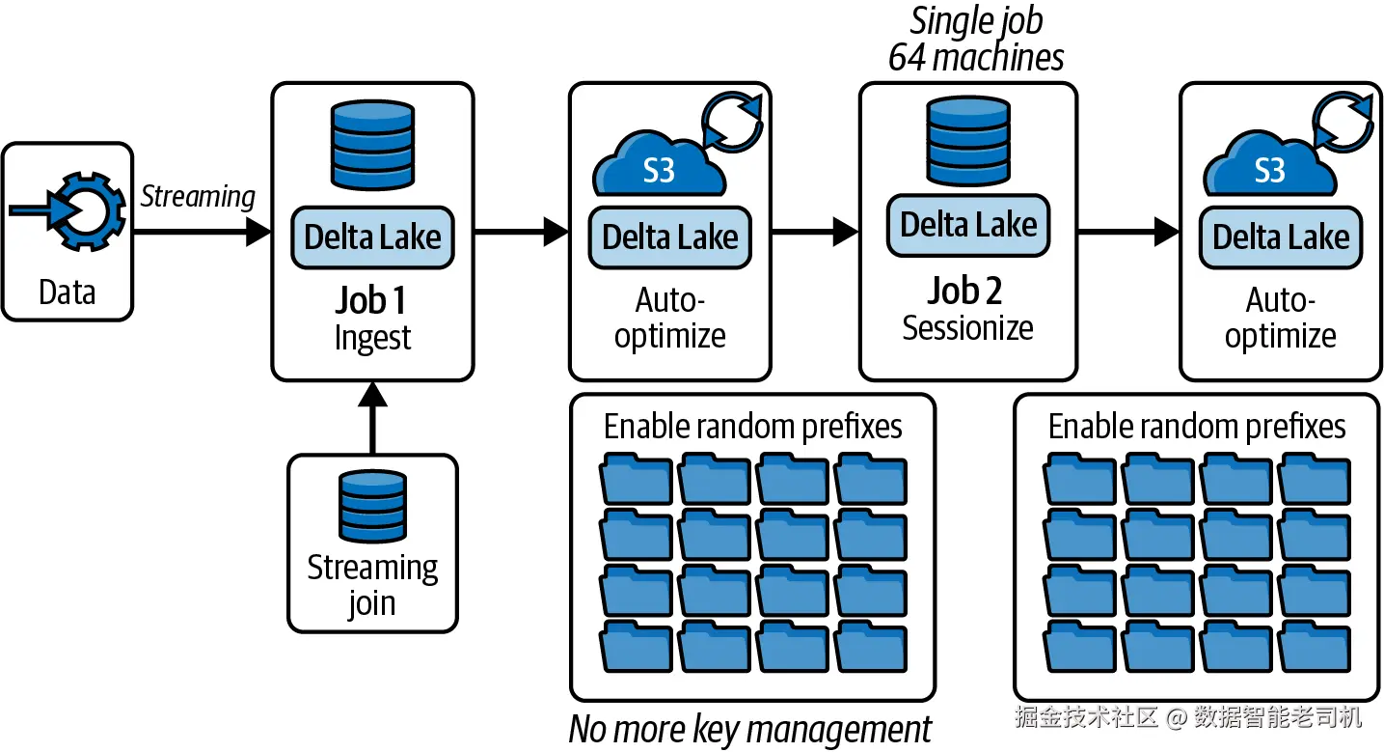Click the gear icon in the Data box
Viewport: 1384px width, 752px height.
click(87, 211)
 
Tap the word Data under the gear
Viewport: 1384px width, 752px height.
click(67, 292)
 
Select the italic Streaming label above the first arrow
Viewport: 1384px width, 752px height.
click(198, 197)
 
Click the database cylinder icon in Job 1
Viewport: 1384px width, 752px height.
click(372, 145)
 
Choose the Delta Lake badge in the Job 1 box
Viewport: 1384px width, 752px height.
click(372, 237)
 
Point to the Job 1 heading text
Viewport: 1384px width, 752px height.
click(370, 300)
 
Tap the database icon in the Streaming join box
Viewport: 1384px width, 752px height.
click(372, 507)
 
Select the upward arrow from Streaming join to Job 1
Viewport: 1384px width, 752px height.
click(372, 418)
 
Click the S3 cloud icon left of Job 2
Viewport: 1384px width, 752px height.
click(659, 163)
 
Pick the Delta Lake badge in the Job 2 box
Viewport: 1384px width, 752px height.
click(968, 225)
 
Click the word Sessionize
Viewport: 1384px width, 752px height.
click(967, 328)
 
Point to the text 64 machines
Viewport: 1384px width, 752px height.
click(976, 58)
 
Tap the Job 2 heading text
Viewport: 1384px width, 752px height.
click(964, 291)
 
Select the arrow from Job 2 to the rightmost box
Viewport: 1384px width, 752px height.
click(1128, 232)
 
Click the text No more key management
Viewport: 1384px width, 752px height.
click(750, 730)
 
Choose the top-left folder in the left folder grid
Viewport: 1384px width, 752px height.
click(636, 479)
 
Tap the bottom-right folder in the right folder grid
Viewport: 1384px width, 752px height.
click(1315, 647)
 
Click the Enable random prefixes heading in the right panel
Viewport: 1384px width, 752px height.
click(1197, 427)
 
